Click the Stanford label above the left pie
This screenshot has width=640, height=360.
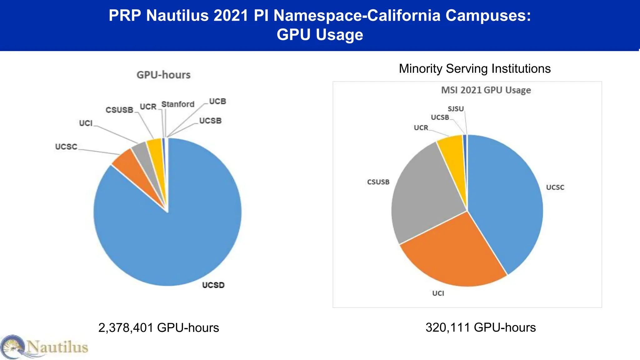178,104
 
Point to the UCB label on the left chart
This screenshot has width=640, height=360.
217,102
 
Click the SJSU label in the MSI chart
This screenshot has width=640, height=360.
456,109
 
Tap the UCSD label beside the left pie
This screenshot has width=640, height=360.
213,285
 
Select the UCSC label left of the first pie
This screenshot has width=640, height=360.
66,147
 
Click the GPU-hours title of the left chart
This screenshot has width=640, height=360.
163,75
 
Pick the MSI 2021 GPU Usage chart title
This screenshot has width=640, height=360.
486,90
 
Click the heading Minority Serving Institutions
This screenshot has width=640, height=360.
474,69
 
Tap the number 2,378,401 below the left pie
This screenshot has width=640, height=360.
126,328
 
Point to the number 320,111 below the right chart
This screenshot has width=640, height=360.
447,327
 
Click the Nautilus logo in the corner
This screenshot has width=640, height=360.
44,347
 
